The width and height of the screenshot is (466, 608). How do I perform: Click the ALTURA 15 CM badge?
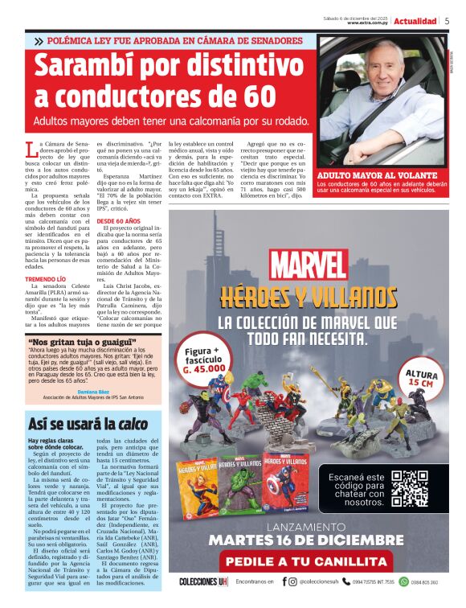(x=422, y=378)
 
